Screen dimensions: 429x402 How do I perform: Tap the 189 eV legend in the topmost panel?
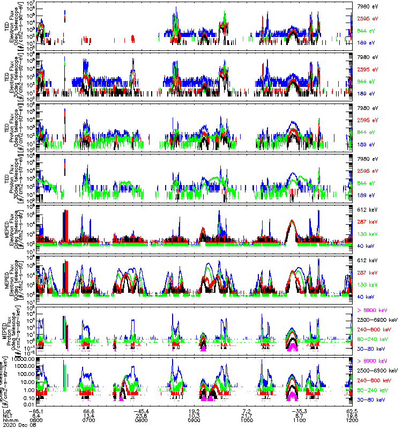364,41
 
